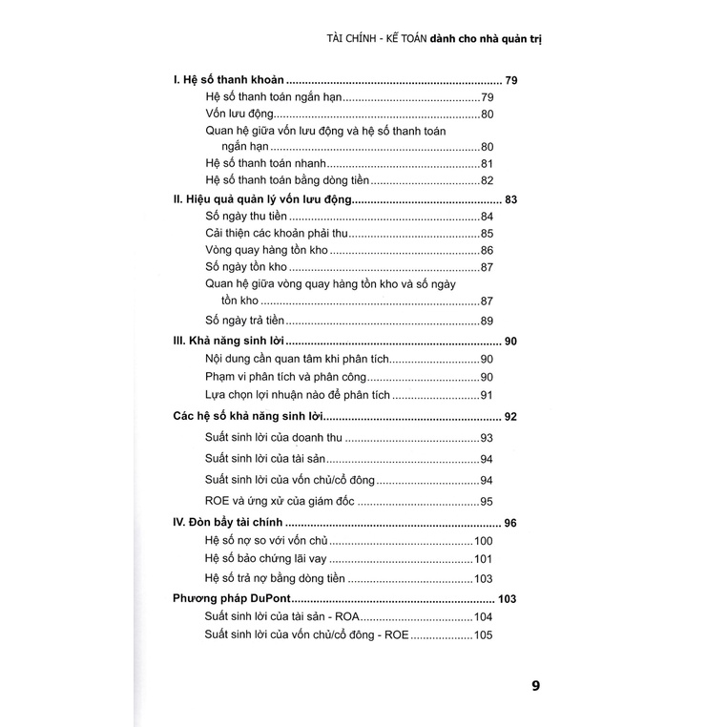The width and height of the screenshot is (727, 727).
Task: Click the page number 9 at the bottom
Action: coord(536,685)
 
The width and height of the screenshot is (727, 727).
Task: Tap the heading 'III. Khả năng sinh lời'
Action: coord(229,342)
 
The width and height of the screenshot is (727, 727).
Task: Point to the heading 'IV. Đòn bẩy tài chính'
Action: coord(229,523)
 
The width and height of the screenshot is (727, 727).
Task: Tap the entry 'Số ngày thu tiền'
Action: coord(246,217)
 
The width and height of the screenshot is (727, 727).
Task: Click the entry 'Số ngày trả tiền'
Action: coord(245,321)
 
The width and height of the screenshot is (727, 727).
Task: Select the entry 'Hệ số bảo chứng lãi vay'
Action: coord(266,559)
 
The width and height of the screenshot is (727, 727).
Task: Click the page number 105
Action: coord(483,636)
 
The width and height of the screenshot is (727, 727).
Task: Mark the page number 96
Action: coord(509,523)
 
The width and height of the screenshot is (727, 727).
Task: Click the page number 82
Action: coord(487,181)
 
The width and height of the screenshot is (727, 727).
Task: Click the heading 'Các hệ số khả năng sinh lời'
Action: coord(250,417)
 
